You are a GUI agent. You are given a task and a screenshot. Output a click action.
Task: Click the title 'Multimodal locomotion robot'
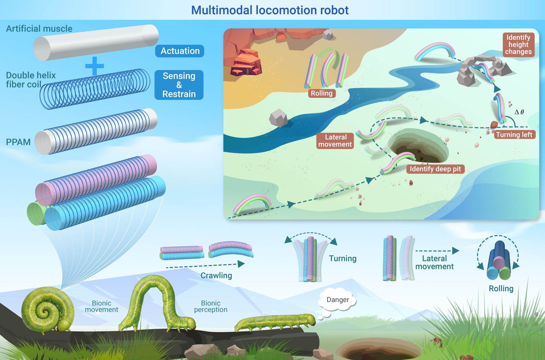click(x=270, y=10)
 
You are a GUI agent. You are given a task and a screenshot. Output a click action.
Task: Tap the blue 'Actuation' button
click(x=180, y=51)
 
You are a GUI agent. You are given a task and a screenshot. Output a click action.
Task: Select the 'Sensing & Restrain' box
click(x=179, y=85)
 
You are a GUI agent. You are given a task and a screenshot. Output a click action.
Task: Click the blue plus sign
click(x=94, y=66)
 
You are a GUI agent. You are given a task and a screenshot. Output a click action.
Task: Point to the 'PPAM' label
click(x=18, y=142)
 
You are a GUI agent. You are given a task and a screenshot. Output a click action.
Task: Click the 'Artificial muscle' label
click(x=39, y=28)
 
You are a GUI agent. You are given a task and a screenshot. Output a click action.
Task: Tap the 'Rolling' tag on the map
click(x=321, y=93)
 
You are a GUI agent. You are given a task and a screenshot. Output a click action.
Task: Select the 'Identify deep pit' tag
click(x=435, y=169)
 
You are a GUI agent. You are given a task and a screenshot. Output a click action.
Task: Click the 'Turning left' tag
click(x=514, y=135)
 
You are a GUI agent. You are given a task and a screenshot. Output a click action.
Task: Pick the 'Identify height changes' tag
click(x=518, y=44)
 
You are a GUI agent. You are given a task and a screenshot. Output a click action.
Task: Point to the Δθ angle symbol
click(x=519, y=112)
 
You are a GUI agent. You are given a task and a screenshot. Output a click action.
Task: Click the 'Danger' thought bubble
click(x=337, y=300)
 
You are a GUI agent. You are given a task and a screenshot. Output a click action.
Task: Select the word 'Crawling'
click(x=216, y=275)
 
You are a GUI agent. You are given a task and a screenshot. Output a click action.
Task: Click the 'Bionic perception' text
click(x=210, y=306)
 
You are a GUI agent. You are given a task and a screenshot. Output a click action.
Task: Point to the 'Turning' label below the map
click(x=342, y=258)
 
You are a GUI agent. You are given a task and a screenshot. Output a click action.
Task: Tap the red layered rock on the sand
click(x=246, y=62)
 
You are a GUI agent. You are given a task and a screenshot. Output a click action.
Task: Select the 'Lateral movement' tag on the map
click(x=335, y=141)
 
